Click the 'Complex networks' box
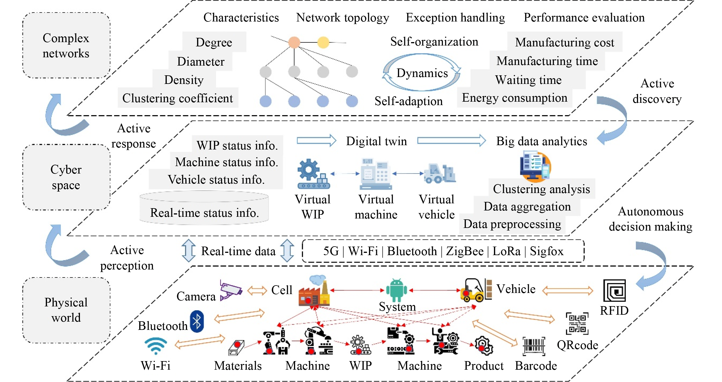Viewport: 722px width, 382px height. [x=66, y=45]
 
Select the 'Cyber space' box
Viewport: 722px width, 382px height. [x=66, y=177]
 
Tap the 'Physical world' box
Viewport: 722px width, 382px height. [x=66, y=310]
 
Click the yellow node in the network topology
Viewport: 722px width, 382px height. [x=323, y=42]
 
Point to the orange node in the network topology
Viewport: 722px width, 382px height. [x=294, y=42]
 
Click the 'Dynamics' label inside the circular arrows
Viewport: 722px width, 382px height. [x=422, y=73]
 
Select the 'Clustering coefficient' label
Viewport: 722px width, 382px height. [x=178, y=98]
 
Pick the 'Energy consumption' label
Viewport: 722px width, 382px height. [x=515, y=98]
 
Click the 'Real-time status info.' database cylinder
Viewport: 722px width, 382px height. [x=204, y=208]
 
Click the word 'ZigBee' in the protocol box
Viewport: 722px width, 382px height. [x=465, y=251]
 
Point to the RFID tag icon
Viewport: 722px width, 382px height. [x=614, y=291]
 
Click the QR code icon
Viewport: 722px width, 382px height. [x=577, y=324]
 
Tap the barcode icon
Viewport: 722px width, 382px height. [x=534, y=346]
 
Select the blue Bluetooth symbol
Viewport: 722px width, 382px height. [x=197, y=321]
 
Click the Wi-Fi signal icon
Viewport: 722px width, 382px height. [x=156, y=345]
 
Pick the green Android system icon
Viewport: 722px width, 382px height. [x=397, y=290]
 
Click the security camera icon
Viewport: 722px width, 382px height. [x=231, y=290]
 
